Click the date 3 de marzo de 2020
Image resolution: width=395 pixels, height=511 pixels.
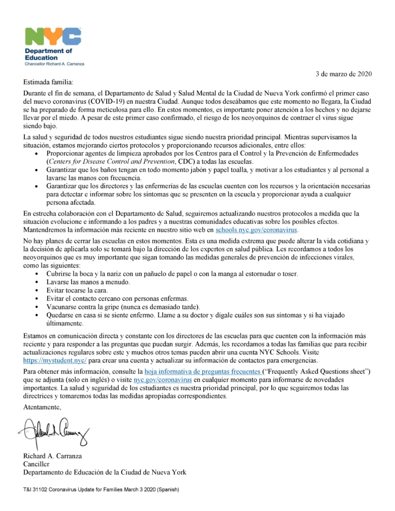tap(344, 74)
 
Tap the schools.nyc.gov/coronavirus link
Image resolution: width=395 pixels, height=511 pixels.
tap(256, 230)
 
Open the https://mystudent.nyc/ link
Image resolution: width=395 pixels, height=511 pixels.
tap(55, 360)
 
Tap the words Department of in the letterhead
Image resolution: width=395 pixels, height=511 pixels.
tap(48, 51)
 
